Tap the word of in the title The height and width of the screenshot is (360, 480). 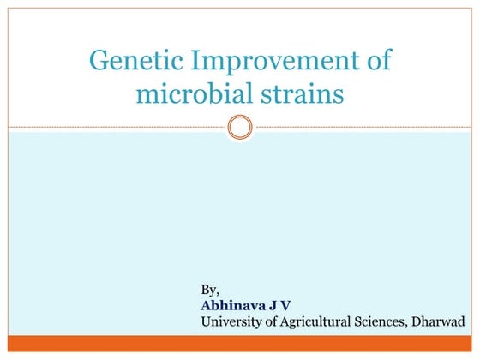(x=377, y=62)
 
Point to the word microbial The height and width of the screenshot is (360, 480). (x=191, y=93)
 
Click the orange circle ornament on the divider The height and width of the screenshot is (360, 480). (x=241, y=128)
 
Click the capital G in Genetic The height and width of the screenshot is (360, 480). (x=99, y=62)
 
